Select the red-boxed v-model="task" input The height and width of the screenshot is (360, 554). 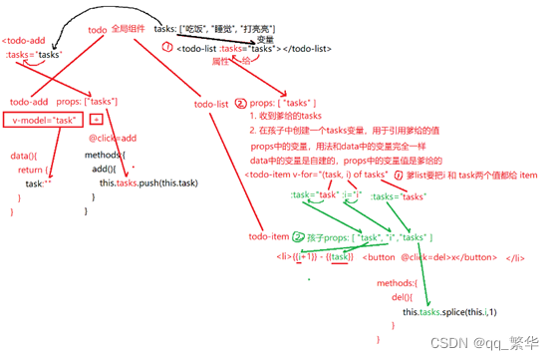(x=44, y=120)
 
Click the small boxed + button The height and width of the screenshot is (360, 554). (x=97, y=120)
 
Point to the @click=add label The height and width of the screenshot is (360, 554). (x=113, y=139)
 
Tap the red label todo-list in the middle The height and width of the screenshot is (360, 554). (x=212, y=103)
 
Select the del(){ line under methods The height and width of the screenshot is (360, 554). (x=401, y=297)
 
